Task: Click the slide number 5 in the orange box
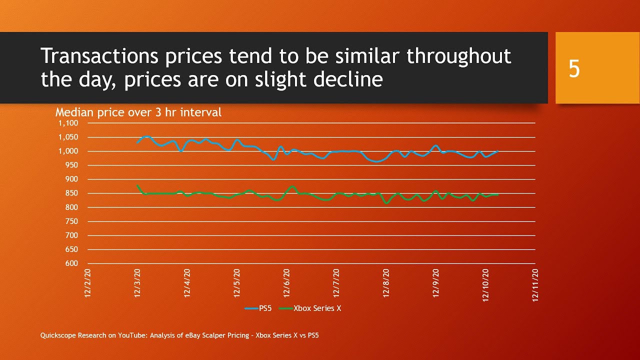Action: click(x=574, y=69)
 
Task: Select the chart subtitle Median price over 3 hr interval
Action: click(x=138, y=112)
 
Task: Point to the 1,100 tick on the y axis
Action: click(x=69, y=123)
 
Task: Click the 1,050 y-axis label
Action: click(x=69, y=137)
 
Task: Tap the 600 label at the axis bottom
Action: click(x=72, y=263)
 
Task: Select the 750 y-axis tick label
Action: click(x=72, y=221)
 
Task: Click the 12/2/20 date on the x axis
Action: click(x=88, y=283)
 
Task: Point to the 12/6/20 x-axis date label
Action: click(x=286, y=283)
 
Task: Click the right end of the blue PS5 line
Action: click(x=497, y=151)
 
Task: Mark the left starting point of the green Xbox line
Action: click(x=137, y=185)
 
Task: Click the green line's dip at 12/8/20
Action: click(x=386, y=203)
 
